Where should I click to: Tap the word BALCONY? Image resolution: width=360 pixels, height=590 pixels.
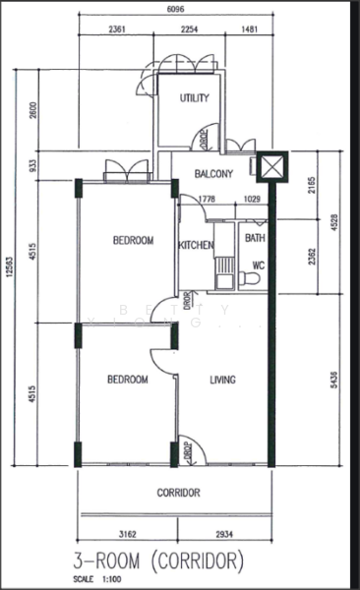(213, 174)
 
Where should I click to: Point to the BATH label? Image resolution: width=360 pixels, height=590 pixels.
(255, 238)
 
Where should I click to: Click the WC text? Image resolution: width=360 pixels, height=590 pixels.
(260, 264)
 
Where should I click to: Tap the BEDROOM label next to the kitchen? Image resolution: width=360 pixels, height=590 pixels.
(133, 240)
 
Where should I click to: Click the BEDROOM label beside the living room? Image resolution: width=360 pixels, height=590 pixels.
(128, 379)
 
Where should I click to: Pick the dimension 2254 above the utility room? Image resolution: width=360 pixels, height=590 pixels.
(191, 29)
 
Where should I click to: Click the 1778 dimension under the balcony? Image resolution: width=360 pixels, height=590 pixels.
(207, 200)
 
